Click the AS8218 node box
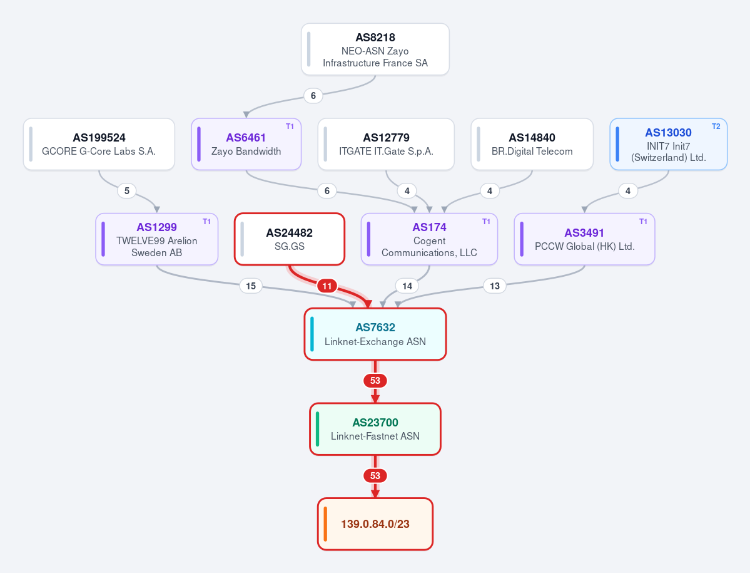[x=375, y=49]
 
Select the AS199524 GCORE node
[x=99, y=144]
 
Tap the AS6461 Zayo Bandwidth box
[x=246, y=144]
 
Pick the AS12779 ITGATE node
[x=386, y=144]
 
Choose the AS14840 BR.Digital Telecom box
[x=532, y=144]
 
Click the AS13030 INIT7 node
[x=668, y=144]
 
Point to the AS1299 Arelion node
[x=157, y=239]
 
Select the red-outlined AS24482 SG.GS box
[x=290, y=239]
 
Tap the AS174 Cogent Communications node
[x=429, y=239]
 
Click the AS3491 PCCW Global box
[x=584, y=239]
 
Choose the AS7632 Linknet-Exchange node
[x=375, y=334]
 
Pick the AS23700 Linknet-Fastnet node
[x=375, y=429]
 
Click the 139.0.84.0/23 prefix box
[x=375, y=524]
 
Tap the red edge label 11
[x=327, y=286]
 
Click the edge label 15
[x=251, y=286]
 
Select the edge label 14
[x=407, y=286]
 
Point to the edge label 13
[x=495, y=286]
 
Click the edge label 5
[x=127, y=191]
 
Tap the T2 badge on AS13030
[x=716, y=126]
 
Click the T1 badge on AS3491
[x=643, y=222]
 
